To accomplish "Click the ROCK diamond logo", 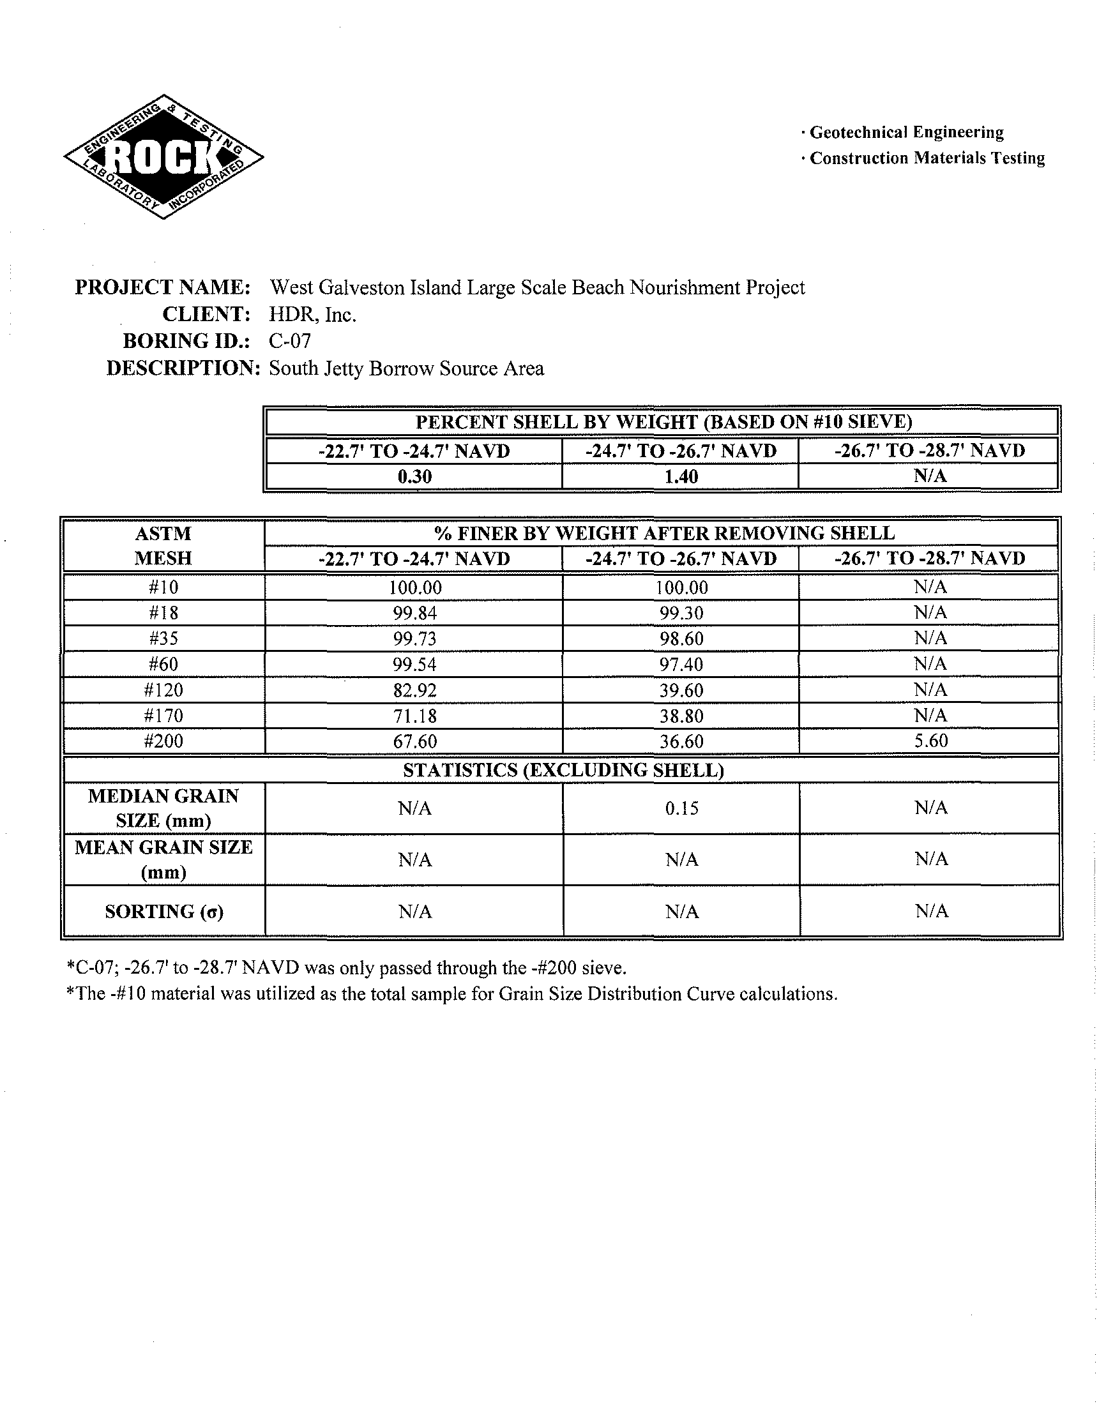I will coord(163,156).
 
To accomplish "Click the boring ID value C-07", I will coord(289,341).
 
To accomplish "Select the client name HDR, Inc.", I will coord(313,315).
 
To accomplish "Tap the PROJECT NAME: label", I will coord(163,287).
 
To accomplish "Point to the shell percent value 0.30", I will coord(414,477).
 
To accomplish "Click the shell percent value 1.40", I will coord(681,477).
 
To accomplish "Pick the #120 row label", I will coord(163,690).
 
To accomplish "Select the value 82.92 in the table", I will coord(414,690).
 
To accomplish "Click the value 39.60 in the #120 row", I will coord(681,690).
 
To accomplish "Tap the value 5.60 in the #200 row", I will coord(930,741).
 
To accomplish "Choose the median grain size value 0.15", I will coord(681,808).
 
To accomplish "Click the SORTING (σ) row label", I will coord(164,911).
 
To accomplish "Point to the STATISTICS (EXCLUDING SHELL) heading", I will coord(563,770).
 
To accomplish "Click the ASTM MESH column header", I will coord(163,546).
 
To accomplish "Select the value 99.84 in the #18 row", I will coord(414,613).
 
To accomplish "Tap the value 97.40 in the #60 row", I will coord(681,664).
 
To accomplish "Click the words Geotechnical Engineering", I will coord(907,133).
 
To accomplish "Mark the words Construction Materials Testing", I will coord(927,158).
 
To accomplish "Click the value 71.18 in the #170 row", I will coord(414,716).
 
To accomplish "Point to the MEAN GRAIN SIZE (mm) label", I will coord(163,859).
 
